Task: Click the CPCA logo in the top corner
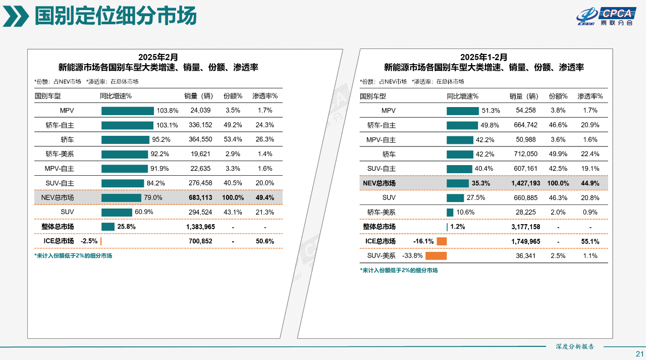[x=604, y=16]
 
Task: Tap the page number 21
[x=639, y=353]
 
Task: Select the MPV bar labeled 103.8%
[x=127, y=111]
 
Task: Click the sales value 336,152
[x=200, y=125]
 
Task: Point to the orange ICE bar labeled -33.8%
[x=436, y=256]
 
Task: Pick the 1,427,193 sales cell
[x=525, y=183]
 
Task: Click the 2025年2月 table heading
[x=158, y=57]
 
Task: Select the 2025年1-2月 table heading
[x=483, y=57]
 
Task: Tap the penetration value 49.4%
[x=265, y=197]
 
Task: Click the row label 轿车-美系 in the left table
[x=60, y=154]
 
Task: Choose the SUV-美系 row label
[x=381, y=256]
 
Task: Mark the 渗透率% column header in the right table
[x=590, y=96]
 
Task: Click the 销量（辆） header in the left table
[x=200, y=96]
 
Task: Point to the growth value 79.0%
[x=153, y=197]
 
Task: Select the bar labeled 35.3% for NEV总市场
[x=457, y=183]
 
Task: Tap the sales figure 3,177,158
[x=525, y=227]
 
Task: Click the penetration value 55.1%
[x=590, y=241]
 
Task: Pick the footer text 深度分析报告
[x=575, y=347]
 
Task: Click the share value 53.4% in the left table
[x=233, y=139]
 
